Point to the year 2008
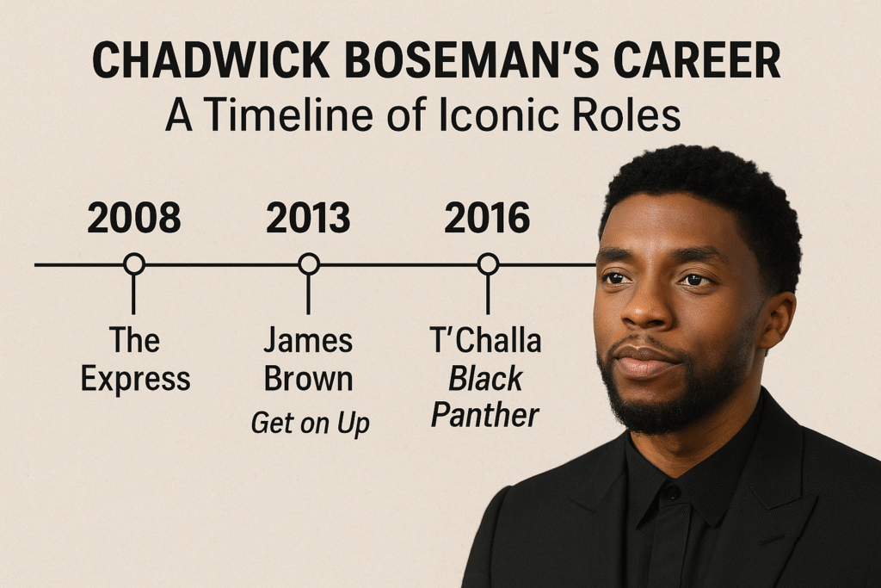tap(134, 219)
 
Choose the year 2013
tap(308, 219)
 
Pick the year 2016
tap(487, 219)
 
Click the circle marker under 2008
tap(133, 264)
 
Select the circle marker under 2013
tap(309, 264)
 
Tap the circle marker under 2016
tap(488, 264)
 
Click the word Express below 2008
tap(135, 379)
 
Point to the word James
tap(308, 341)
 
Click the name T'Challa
tap(485, 341)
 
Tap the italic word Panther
tap(485, 416)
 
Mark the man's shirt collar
tap(680, 482)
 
